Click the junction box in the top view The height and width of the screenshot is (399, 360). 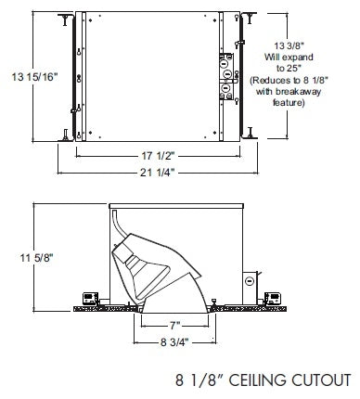coord(225,78)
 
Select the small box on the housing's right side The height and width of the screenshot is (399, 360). coord(250,279)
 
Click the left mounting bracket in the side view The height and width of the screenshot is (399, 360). coord(89,298)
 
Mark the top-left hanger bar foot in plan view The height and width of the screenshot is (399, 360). coord(65,19)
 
